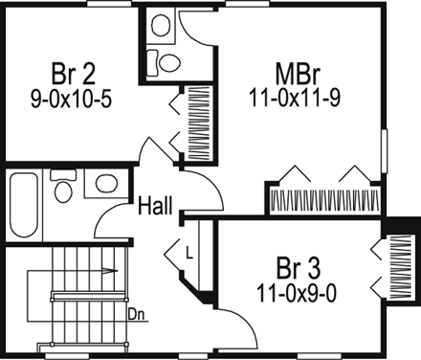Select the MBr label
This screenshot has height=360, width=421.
tap(298, 74)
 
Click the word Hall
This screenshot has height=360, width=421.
tap(155, 206)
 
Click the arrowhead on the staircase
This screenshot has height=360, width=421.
tap(114, 271)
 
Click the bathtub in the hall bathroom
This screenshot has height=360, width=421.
tap(24, 206)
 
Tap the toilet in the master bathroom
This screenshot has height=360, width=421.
tap(168, 63)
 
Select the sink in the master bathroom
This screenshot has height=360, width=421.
tap(159, 23)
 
